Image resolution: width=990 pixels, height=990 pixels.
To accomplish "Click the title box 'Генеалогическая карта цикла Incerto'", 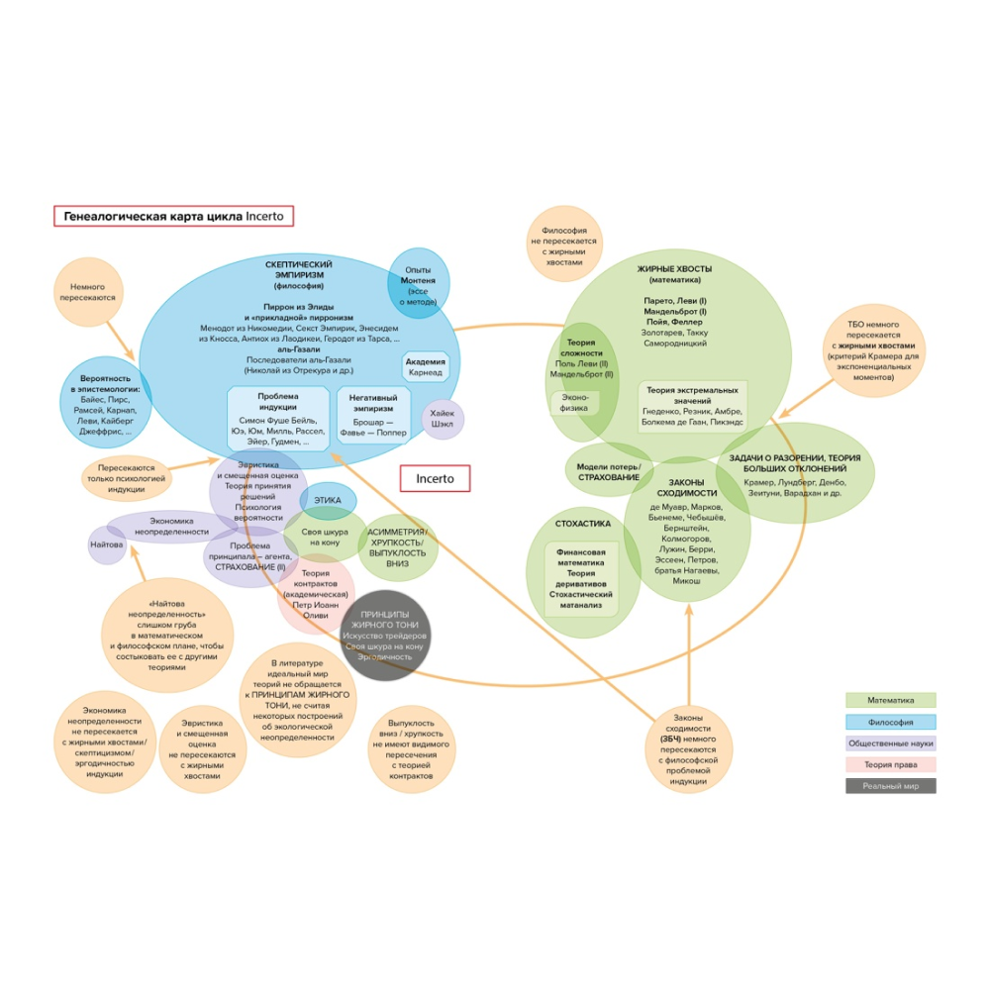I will pyautogui.click(x=174, y=216).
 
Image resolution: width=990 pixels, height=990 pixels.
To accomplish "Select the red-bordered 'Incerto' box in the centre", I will pyautogui.click(x=435, y=479).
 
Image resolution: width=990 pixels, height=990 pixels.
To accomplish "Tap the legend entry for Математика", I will pyautogui.click(x=891, y=701).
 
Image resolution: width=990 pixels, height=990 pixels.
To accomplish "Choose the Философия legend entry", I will pyautogui.click(x=891, y=722).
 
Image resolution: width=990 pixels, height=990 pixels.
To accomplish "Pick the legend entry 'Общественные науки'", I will pyautogui.click(x=891, y=743).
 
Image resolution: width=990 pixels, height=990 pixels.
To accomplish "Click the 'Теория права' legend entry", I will pyautogui.click(x=891, y=764).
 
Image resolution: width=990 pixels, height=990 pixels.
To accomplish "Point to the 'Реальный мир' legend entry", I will pyautogui.click(x=891, y=786).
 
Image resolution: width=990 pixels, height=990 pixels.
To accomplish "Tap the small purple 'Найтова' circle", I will pyautogui.click(x=107, y=544).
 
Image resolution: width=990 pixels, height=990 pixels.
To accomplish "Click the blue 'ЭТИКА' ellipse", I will pyautogui.click(x=328, y=501).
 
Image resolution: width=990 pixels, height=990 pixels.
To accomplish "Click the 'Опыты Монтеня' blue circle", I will pyautogui.click(x=418, y=282).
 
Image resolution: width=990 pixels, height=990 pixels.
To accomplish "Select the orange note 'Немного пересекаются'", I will pyautogui.click(x=93, y=292).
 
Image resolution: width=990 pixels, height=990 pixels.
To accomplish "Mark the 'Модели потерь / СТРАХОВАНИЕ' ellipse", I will pyautogui.click(x=609, y=472).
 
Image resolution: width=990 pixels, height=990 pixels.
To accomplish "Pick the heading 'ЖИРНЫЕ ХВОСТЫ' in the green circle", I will pyautogui.click(x=674, y=268).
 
